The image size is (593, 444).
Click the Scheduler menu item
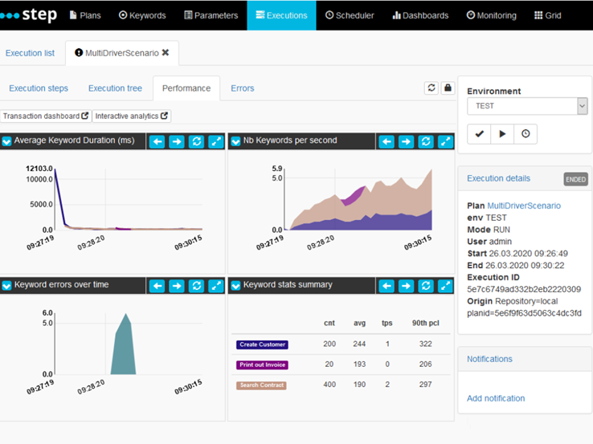click(x=350, y=15)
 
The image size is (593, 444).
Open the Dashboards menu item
click(x=420, y=15)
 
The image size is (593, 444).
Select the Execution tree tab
click(x=115, y=88)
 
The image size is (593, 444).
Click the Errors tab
click(x=242, y=88)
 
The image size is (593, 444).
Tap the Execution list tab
click(x=30, y=53)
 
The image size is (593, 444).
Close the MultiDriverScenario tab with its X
click(x=166, y=53)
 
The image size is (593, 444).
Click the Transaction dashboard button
click(x=46, y=116)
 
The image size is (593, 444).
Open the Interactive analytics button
click(x=132, y=116)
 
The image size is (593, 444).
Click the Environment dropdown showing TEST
click(x=526, y=106)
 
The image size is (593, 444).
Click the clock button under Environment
click(x=526, y=134)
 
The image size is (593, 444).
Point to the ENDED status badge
click(x=575, y=179)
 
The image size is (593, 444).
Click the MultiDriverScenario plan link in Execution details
click(x=524, y=206)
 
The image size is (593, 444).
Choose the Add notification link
click(x=496, y=398)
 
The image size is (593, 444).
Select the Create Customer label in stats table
click(x=262, y=344)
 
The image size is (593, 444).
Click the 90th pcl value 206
click(x=426, y=365)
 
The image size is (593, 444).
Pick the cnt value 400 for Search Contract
click(x=329, y=385)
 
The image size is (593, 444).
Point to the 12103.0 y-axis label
click(x=39, y=169)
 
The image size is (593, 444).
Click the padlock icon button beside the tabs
click(x=448, y=88)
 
